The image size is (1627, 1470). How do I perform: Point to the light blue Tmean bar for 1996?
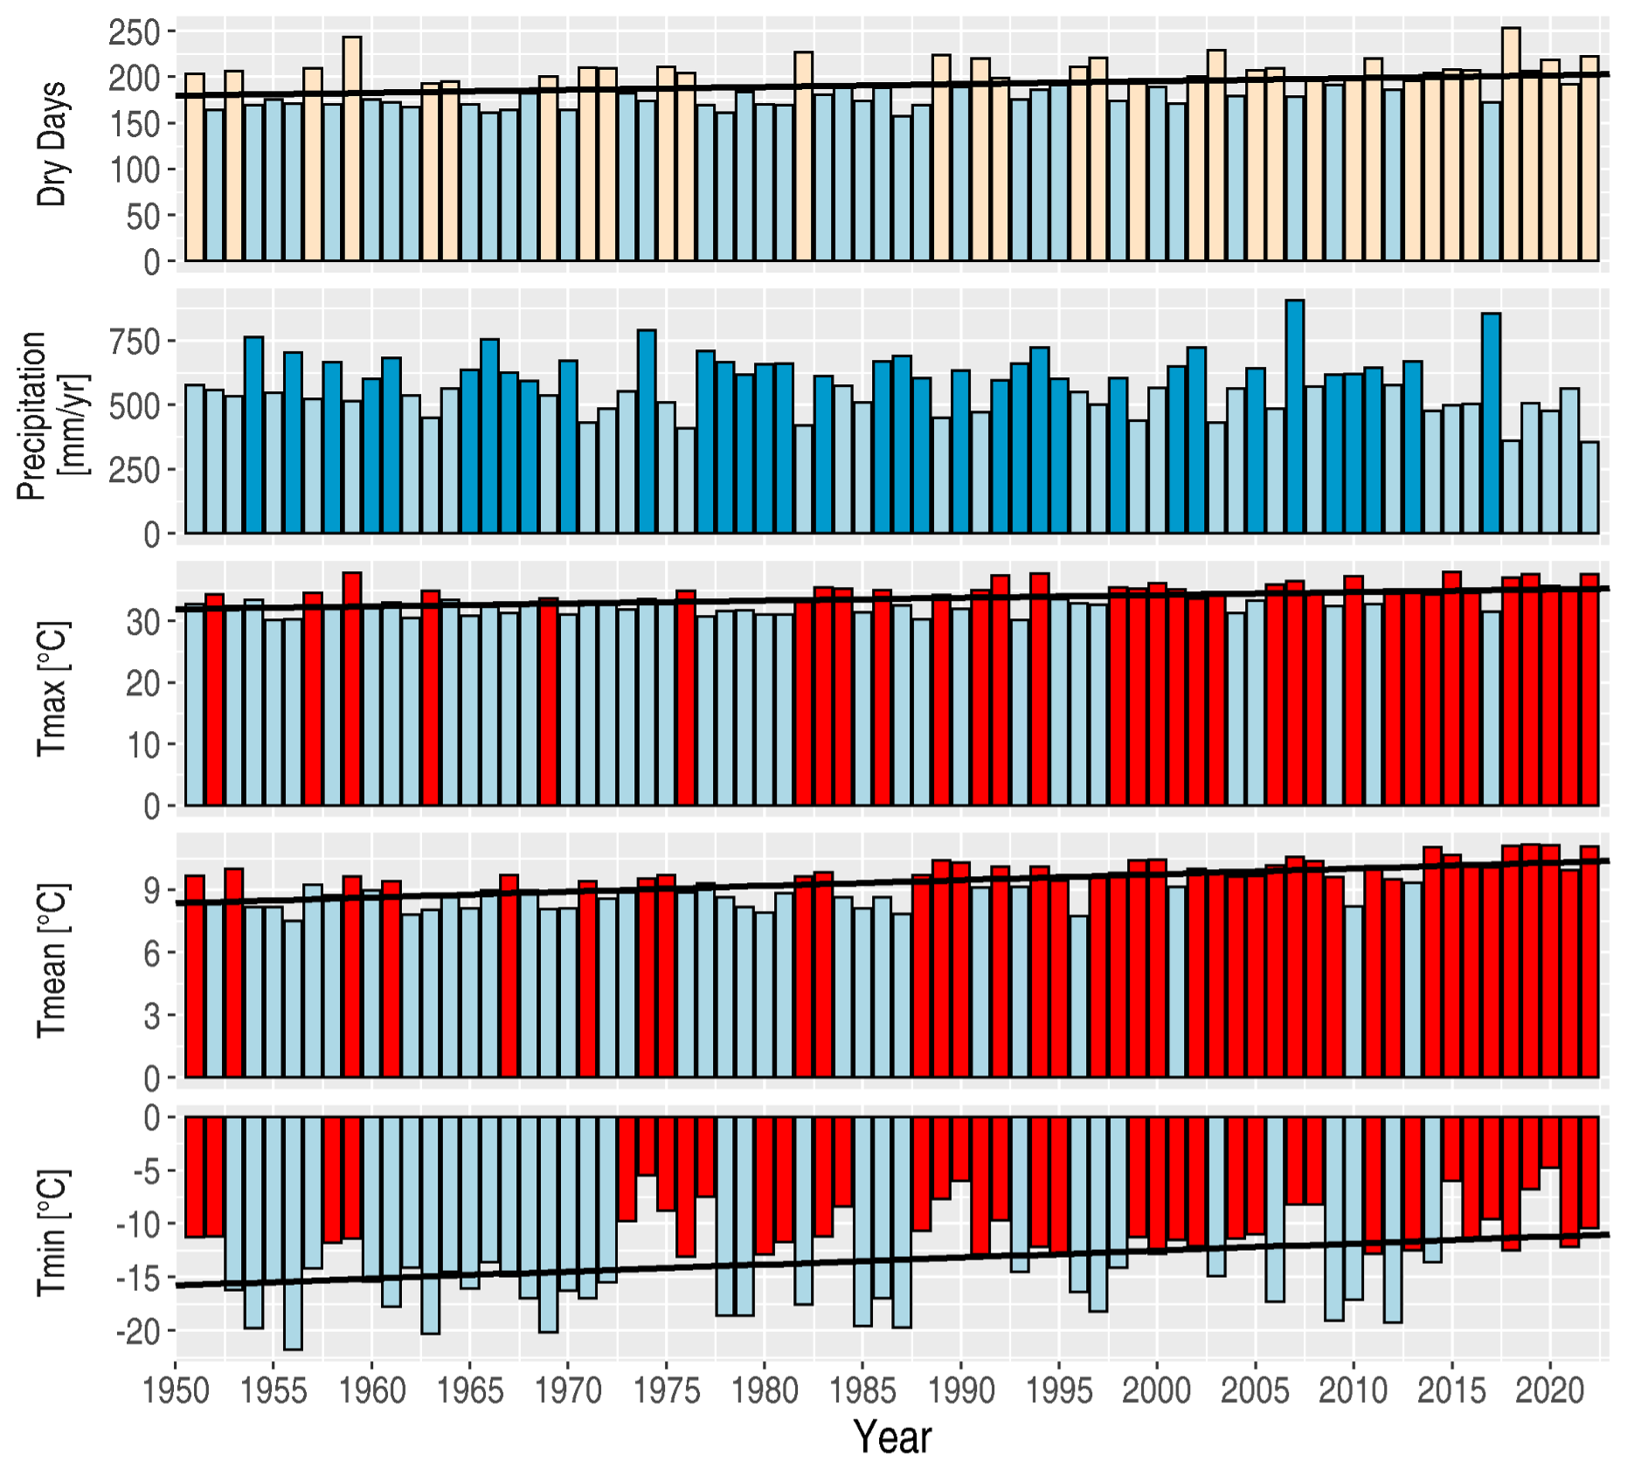tap(1078, 997)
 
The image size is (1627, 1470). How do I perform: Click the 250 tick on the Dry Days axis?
tap(135, 32)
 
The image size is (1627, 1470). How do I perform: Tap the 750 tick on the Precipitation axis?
tap(135, 341)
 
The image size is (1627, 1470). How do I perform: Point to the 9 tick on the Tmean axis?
tap(152, 891)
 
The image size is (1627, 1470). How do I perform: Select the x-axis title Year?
tap(892, 1437)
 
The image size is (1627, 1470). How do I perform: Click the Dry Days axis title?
tap(52, 144)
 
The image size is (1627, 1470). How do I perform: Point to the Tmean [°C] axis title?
tap(52, 961)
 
